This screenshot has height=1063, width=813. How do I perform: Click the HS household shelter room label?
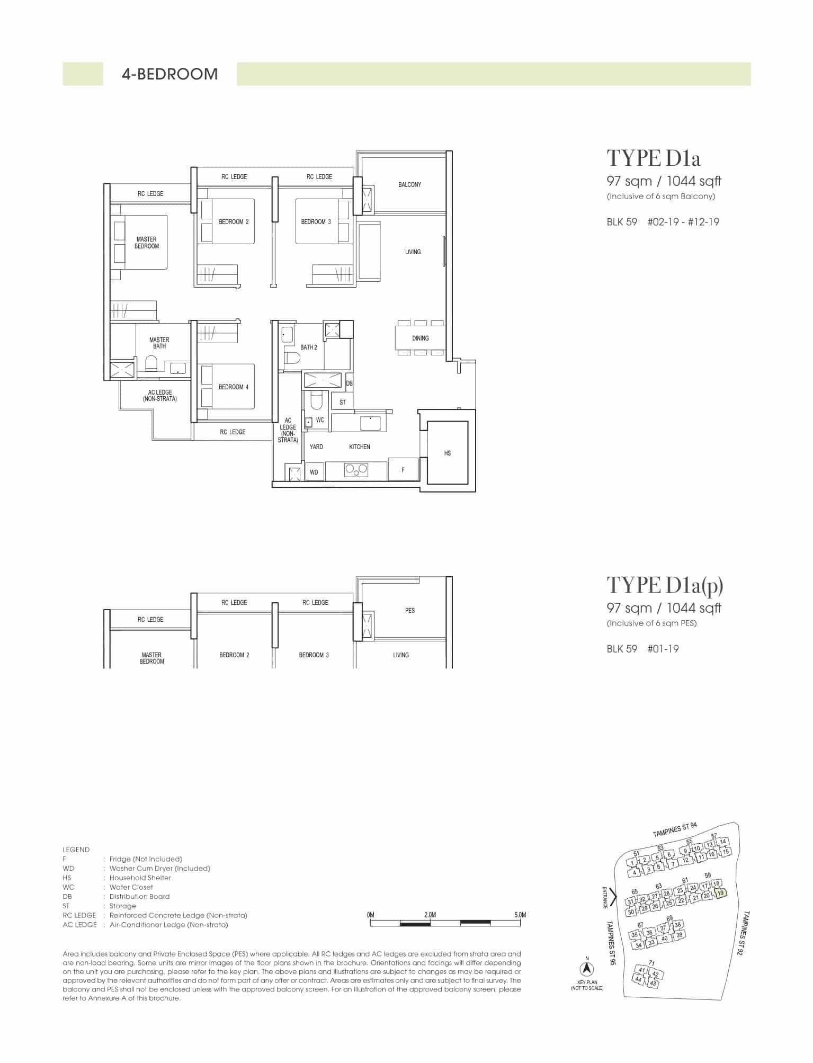coord(448,453)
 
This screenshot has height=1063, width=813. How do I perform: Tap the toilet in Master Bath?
coord(151,364)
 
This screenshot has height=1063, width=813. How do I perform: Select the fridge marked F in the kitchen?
coord(403,470)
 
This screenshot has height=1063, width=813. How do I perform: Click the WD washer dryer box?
coord(314,472)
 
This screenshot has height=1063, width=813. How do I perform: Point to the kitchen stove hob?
coord(356,469)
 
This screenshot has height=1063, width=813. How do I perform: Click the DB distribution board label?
coord(349,383)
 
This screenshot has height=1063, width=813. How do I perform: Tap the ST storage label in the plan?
coord(343,403)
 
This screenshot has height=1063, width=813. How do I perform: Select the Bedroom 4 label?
coord(234,387)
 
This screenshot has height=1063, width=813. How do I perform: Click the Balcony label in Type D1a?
coord(410,185)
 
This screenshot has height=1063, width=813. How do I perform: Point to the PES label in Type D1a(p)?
coord(410,611)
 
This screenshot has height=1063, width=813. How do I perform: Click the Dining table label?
coord(421,338)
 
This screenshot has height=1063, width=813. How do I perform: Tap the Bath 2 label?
coord(309,347)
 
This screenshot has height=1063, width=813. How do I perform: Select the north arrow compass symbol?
coord(587,969)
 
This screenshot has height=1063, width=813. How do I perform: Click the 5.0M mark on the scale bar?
coord(520,915)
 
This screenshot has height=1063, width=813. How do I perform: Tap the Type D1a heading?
coord(654,158)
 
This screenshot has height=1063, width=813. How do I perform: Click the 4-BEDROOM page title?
coord(170,74)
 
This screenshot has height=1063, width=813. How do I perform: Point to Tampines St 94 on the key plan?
coord(675,830)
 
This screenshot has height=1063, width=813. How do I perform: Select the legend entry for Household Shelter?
coord(117,878)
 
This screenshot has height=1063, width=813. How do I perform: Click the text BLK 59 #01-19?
coord(643,649)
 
